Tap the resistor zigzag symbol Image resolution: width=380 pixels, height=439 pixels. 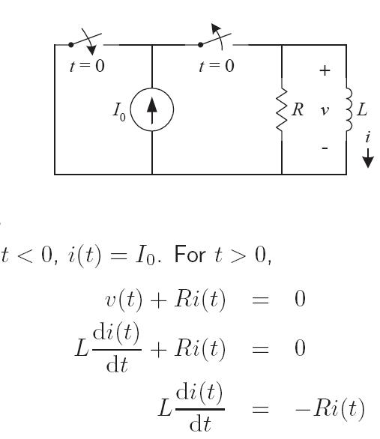282,109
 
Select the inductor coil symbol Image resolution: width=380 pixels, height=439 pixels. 349,109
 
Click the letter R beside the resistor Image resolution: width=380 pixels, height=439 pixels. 298,109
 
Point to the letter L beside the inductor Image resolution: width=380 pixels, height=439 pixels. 362,109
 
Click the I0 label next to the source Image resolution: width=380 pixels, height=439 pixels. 119,112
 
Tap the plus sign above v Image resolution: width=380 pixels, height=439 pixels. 325,70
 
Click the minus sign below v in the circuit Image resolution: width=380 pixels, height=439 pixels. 325,148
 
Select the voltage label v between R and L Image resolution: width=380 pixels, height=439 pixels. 325,111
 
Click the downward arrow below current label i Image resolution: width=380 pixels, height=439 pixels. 368,158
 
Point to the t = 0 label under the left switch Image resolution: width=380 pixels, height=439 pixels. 87,66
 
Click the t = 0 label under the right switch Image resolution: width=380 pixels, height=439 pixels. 217,66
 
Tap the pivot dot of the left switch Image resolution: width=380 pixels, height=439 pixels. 71,44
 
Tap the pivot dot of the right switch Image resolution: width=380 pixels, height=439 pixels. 201,44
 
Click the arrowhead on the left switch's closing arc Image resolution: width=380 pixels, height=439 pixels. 91,50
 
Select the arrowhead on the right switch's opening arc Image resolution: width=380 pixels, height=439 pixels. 216,28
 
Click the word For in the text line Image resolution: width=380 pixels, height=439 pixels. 190,255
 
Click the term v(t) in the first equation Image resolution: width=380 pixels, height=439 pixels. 124,300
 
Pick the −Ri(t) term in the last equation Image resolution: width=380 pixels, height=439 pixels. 330,408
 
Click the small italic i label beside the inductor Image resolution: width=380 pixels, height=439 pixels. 368,137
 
